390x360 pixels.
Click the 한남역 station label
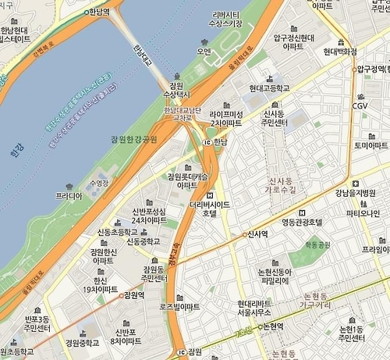(98, 12)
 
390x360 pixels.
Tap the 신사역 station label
(258, 233)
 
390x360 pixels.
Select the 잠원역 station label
(133, 295)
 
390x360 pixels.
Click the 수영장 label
(101, 182)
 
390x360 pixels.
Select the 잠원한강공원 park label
(128, 139)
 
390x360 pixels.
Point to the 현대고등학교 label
(269, 88)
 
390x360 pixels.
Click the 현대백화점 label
(339, 52)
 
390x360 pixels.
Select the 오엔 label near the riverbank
(204, 52)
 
